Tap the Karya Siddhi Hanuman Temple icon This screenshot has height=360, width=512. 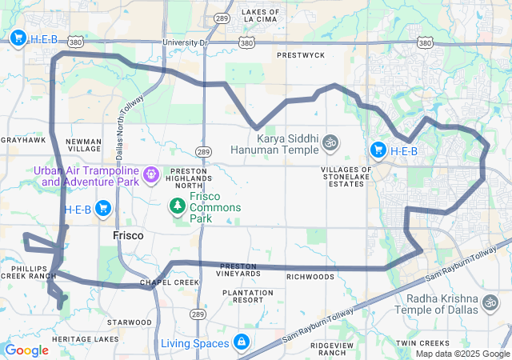coord(330,144)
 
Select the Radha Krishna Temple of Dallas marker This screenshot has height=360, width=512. coord(489,303)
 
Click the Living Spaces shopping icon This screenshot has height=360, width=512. coord(241,343)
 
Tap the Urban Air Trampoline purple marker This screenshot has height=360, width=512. coord(150,172)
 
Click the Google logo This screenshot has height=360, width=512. coord(27,350)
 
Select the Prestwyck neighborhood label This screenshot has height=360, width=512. coord(301,55)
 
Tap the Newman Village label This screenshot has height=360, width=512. coord(83,145)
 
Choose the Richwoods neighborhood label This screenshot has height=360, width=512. coord(310,277)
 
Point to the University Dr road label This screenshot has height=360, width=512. coord(185,42)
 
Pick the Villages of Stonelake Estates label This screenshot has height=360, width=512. coord(346,177)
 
